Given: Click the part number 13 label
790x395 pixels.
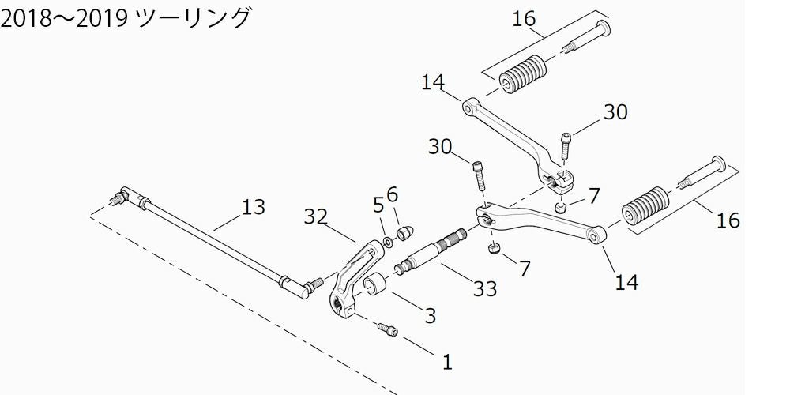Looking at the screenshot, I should tap(253, 208).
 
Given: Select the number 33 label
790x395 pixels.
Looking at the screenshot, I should tap(484, 290).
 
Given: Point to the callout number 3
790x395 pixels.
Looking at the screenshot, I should tap(430, 317).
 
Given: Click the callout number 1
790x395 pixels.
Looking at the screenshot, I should tap(446, 363).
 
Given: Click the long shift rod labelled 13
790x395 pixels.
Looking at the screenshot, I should tap(213, 240).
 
